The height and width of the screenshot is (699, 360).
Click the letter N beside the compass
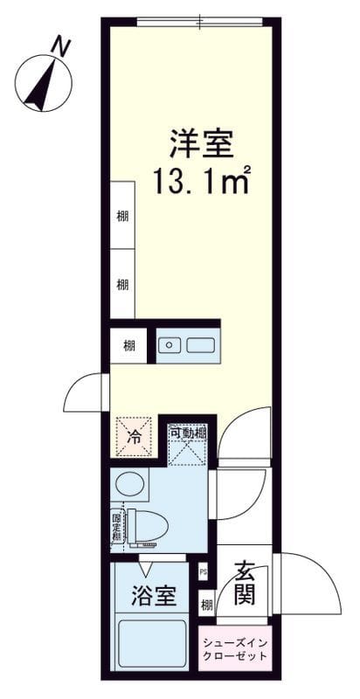61,46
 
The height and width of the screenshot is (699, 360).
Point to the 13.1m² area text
201,180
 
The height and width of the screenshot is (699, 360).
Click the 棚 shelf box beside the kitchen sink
128,345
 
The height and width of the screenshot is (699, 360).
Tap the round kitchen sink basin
170,344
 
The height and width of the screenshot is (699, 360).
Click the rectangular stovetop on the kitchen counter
200,344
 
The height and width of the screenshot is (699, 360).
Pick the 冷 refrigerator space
134,436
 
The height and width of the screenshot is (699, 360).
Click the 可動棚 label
186,433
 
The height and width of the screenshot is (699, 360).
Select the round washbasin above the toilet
129,485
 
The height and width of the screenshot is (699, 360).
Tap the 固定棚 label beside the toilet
117,529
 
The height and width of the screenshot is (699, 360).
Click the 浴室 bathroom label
155,595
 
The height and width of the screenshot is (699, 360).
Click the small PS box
204,571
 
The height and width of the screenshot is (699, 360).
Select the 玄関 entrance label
245,582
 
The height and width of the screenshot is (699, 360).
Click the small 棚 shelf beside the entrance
206,606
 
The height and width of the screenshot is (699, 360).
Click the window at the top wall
199,22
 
